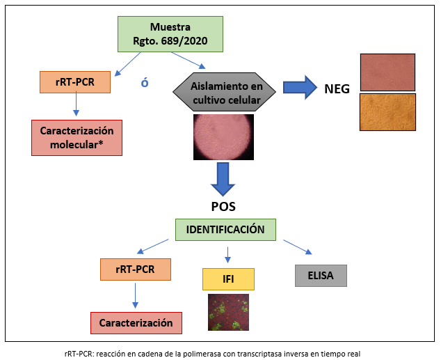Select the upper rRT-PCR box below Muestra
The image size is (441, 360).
pos(76,83)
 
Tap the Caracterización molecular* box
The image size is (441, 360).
pos(77,136)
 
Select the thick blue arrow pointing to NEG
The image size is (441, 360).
pos(300,88)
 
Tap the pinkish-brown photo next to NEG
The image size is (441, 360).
pos(387,72)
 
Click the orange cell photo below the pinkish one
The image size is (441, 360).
pos(387,111)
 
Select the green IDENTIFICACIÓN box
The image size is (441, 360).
pos(225,228)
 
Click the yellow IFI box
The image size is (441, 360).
pos(228,279)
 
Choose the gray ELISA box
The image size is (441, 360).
pos(319,275)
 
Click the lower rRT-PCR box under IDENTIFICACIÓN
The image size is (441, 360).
pos(136,270)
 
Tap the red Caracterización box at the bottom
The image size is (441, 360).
pos(136,323)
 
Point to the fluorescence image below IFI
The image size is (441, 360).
pos(228,312)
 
